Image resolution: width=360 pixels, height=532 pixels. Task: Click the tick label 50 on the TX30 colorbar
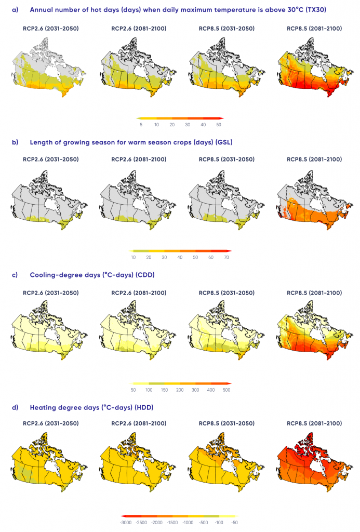tap(219, 125)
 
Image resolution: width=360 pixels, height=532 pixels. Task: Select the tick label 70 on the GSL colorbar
tap(226, 257)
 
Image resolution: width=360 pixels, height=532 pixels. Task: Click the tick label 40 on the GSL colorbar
tap(180, 257)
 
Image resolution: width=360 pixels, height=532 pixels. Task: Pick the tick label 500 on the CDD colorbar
tap(226, 390)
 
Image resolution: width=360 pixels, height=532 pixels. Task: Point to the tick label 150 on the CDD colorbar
tap(165, 390)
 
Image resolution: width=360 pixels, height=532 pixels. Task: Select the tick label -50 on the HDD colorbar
tap(234, 522)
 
